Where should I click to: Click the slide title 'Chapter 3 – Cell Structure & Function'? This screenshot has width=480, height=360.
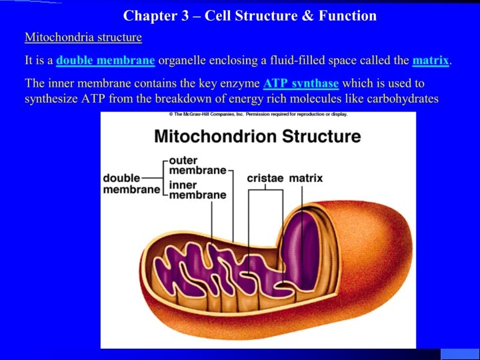(250, 15)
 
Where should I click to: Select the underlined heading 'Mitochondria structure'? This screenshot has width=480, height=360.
(83, 37)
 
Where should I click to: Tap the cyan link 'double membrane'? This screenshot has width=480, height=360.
(105, 61)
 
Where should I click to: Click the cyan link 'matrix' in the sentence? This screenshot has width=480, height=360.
(431, 61)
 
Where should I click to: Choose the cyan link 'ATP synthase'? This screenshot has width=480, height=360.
(301, 84)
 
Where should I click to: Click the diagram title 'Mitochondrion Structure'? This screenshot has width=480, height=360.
(257, 137)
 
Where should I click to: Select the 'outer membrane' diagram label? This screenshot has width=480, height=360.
(197, 165)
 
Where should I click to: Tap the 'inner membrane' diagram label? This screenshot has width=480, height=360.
(197, 190)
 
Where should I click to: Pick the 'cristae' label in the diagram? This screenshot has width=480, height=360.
(265, 178)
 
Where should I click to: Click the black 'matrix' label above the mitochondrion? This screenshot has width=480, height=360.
(305, 178)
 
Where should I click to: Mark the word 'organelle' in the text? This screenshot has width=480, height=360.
(183, 61)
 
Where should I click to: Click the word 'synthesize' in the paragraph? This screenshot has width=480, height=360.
(51, 99)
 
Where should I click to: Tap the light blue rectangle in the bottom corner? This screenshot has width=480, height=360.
(460, 354)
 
